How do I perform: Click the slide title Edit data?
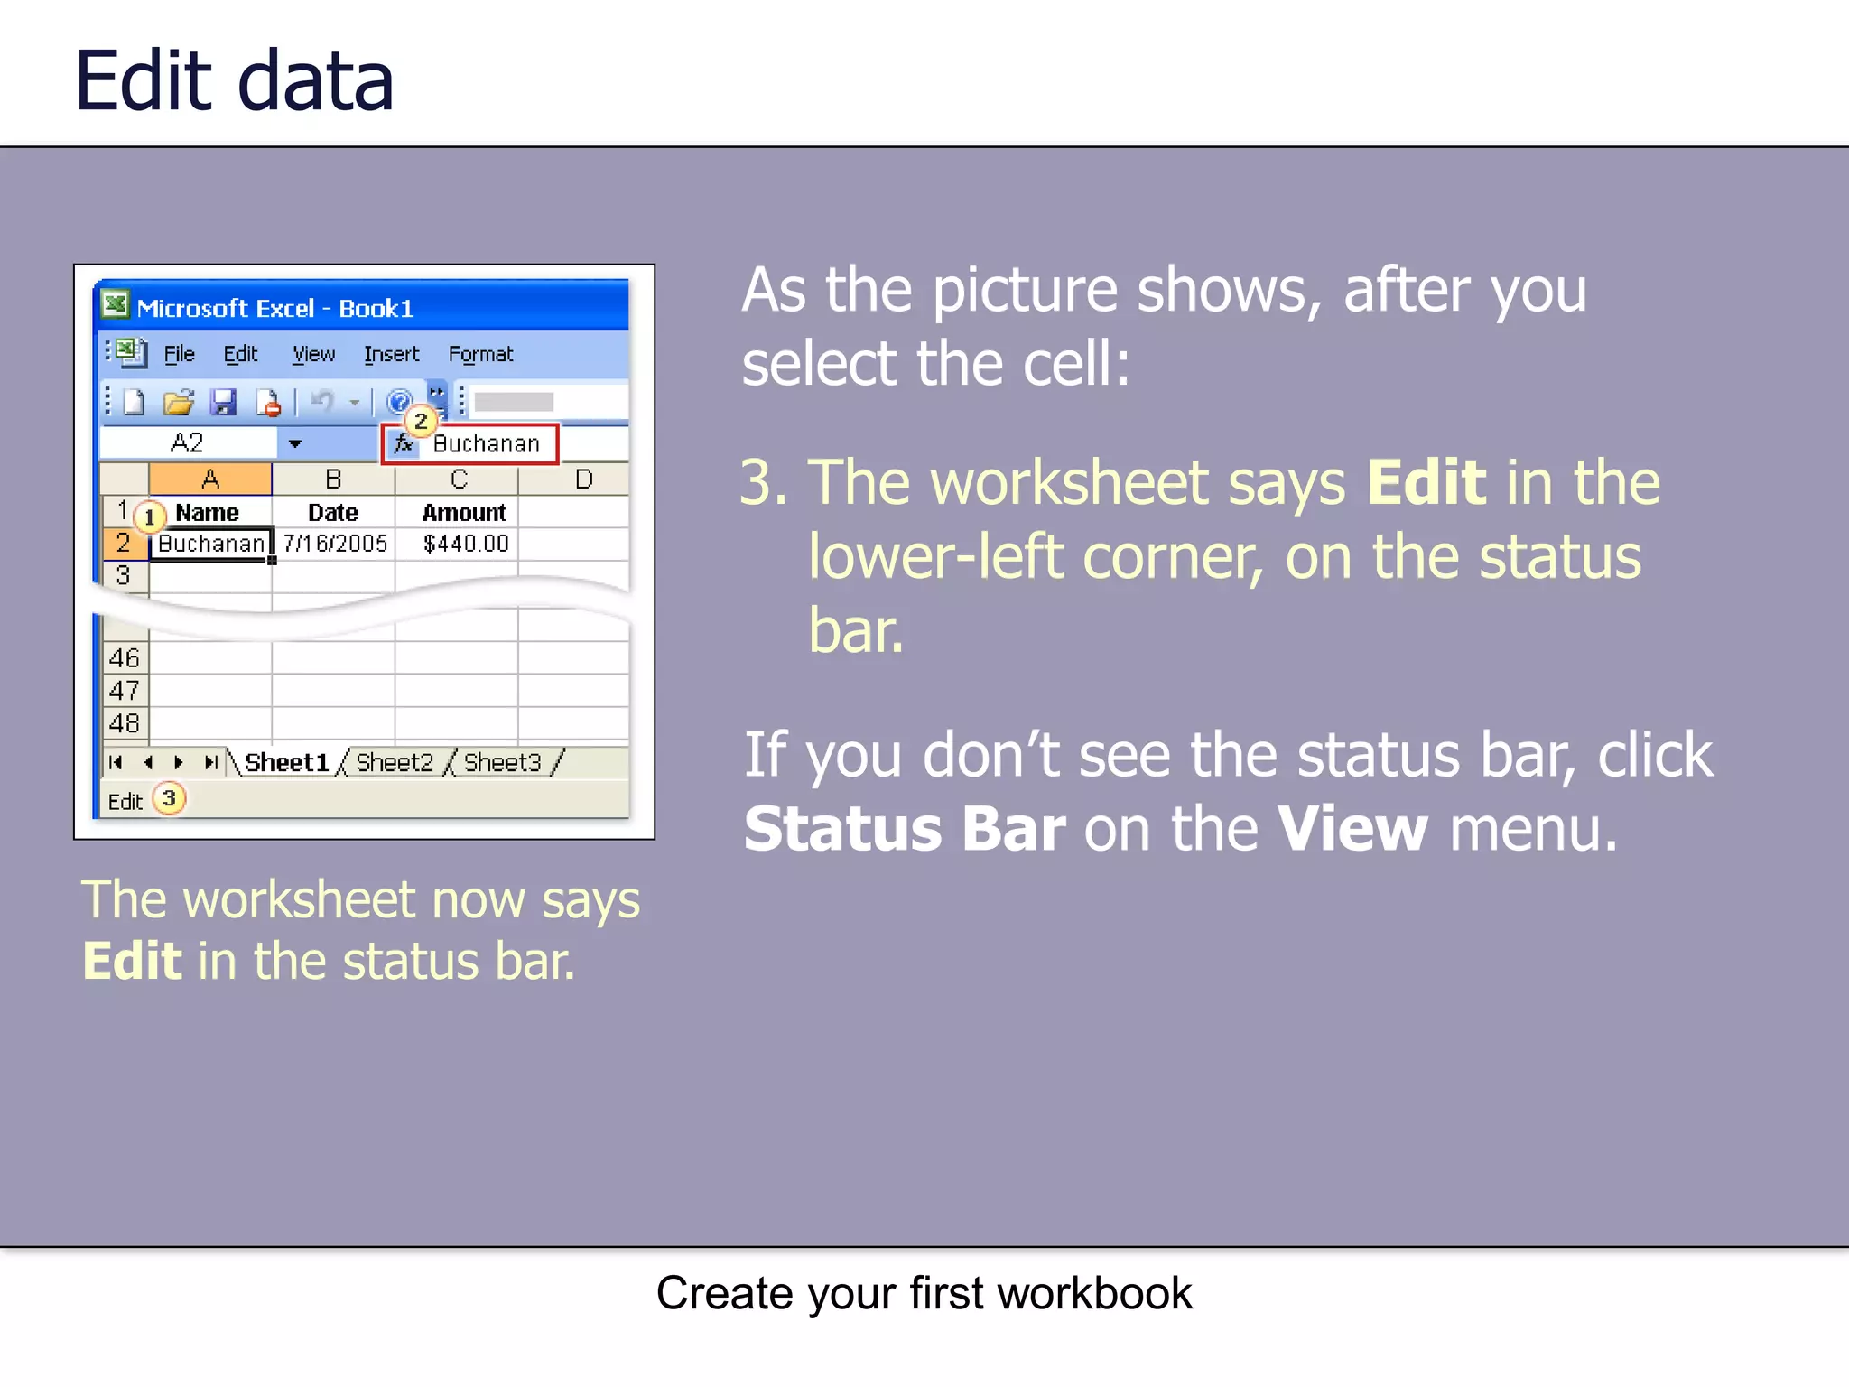coord(234,81)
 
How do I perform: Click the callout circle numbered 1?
coord(150,517)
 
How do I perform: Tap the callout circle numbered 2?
coord(421,421)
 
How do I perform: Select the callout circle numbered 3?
coord(169,798)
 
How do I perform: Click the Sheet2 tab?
coord(394,763)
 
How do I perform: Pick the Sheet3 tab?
coord(502,763)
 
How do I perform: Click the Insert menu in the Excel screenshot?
coord(391,354)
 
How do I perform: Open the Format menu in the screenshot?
coord(480,354)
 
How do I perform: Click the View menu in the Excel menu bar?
coord(313,354)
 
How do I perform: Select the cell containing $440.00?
coord(465,544)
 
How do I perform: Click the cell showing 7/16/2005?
coord(334,544)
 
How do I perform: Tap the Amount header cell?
coord(463,513)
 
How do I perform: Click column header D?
coord(583,479)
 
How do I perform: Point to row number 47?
coord(124,691)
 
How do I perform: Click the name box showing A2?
coord(187,443)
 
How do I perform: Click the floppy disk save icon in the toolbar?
coord(223,402)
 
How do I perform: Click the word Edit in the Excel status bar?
coord(125,802)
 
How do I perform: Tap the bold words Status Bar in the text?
coord(904,829)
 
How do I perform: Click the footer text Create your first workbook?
coord(924,1293)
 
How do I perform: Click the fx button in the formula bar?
coord(404,443)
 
